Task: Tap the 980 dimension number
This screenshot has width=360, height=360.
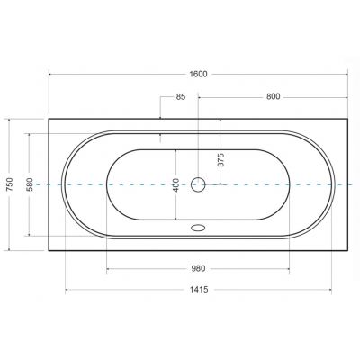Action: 198,267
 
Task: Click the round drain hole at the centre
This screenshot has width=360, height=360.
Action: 198,184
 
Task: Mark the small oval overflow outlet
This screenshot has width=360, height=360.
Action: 197,228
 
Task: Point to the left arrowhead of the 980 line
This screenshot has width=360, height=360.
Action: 108,268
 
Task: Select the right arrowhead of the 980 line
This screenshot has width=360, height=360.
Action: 289,268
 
